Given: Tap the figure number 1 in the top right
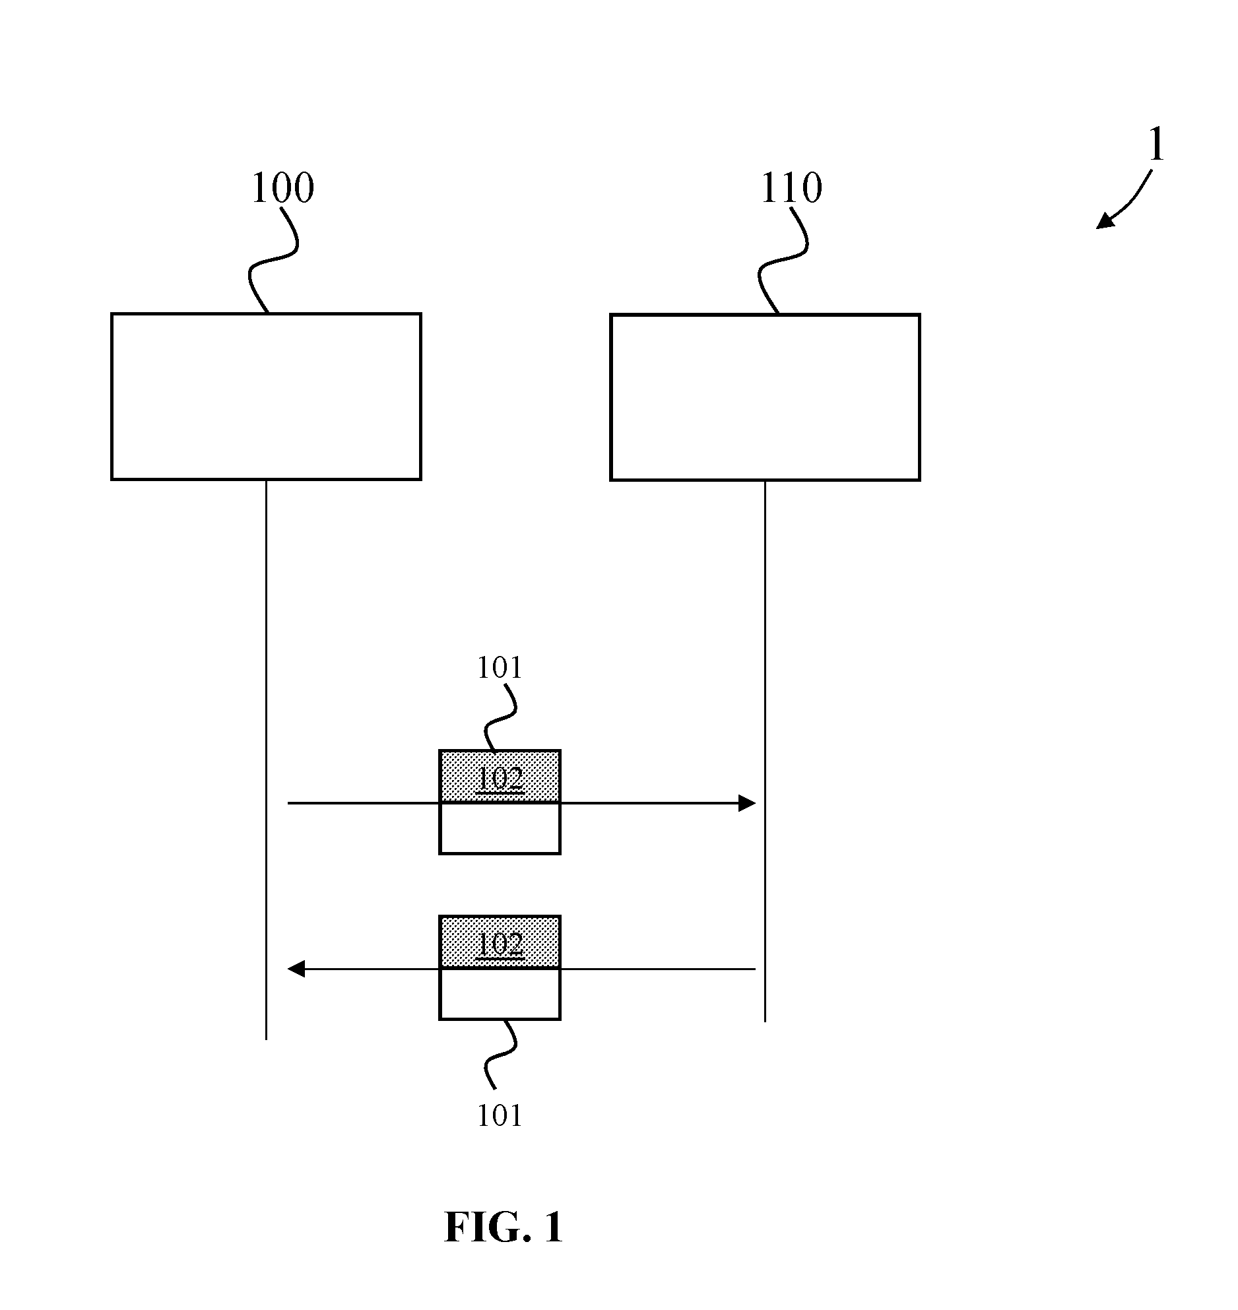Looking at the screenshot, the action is click(x=1156, y=145).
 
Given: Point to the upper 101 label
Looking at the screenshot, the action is click(x=500, y=668).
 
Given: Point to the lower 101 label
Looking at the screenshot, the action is click(x=500, y=1115).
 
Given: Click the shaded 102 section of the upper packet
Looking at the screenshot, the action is click(x=500, y=777).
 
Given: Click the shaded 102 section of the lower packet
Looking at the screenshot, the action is click(x=500, y=942).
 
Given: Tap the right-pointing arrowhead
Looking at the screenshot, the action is click(x=747, y=803).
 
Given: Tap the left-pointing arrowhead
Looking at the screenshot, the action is click(x=296, y=969).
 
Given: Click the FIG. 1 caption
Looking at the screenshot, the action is click(x=504, y=1228).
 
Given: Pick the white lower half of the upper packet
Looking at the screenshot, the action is click(x=500, y=829).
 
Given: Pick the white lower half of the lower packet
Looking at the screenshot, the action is click(x=500, y=995).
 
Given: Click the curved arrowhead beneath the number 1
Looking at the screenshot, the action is click(x=1105, y=221).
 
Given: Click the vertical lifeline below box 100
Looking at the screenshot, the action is click(x=266, y=760).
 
